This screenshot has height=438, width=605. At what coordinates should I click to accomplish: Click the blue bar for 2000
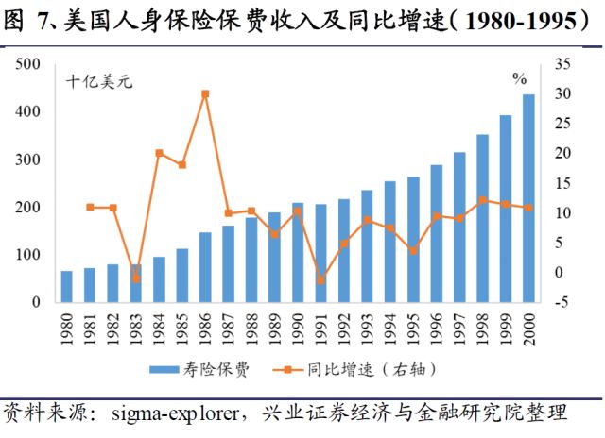pos(528,198)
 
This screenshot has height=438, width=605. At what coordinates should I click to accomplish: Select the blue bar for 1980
pos(67,287)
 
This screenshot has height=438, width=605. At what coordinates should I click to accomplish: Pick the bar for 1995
pos(413,240)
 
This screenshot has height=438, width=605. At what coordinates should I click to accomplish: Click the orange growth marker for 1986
pos(205,93)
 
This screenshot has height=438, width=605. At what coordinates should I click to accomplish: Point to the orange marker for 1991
pos(320,280)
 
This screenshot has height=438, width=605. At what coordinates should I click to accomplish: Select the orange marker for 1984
pos(160,153)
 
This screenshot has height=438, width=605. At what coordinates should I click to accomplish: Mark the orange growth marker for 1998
pos(482,200)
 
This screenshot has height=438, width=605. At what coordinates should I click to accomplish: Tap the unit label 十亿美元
pos(98,82)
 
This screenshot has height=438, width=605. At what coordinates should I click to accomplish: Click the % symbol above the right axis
pos(519,78)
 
